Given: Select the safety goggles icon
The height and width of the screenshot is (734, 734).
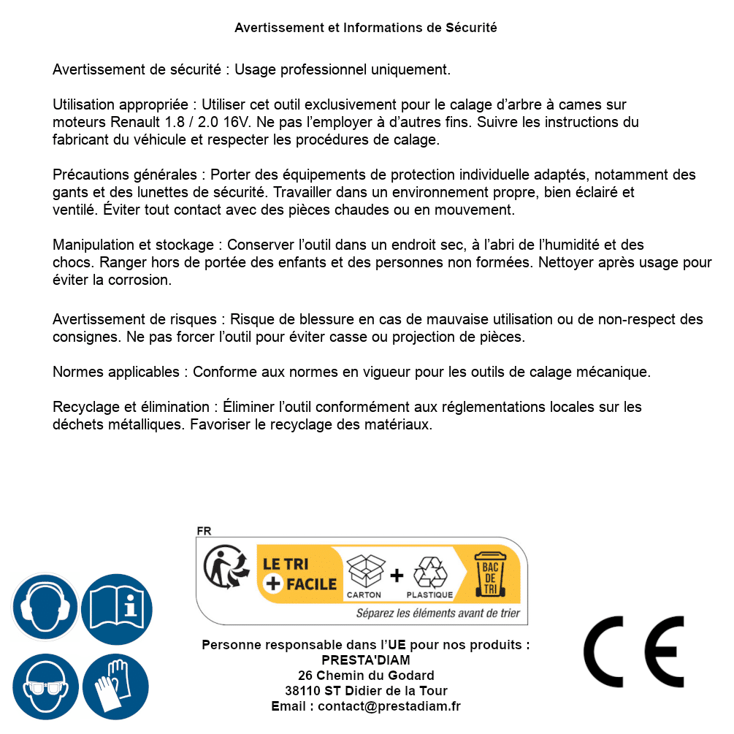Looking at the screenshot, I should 45,687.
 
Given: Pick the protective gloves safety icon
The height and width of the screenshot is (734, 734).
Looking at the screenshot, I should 117,687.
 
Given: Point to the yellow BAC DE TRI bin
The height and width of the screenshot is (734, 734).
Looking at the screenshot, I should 490,575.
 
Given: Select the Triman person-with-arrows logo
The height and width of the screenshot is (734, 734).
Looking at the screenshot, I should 222,568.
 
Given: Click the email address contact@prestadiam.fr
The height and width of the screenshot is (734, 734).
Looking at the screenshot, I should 389,706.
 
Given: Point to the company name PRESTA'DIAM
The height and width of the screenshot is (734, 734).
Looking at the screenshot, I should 366,660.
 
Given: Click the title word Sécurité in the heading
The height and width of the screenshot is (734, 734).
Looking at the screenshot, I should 471,28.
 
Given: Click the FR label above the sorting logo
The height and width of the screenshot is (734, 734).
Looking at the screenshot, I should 204,531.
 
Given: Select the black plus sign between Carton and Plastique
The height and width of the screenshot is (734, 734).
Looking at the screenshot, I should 397,576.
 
